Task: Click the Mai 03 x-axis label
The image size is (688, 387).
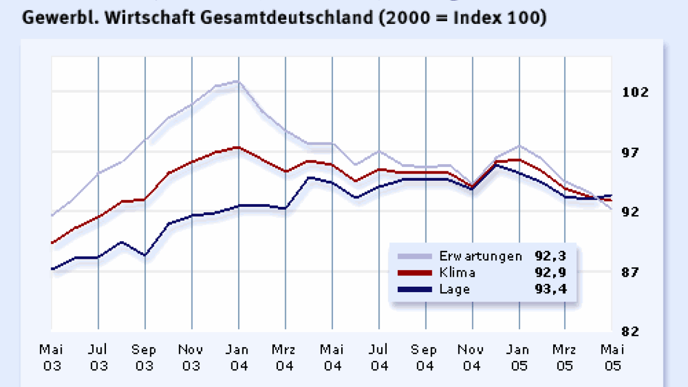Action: tap(51, 358)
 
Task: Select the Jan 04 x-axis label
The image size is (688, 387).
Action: tap(239, 358)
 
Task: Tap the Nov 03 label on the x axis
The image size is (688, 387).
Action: tap(191, 358)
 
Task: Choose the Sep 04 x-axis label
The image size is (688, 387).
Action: tap(424, 358)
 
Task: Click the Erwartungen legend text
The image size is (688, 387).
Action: tap(480, 256)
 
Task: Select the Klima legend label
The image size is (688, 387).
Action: tap(457, 273)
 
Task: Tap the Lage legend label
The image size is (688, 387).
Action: tap(454, 289)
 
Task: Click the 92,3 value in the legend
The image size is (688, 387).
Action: tap(550, 256)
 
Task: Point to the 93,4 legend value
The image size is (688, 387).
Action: tap(550, 289)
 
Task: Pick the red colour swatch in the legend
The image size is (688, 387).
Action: tap(414, 273)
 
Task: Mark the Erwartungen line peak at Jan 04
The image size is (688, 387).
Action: tap(237, 82)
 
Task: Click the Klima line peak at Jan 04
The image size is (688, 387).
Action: tap(237, 147)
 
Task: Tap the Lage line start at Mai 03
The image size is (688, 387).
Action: tap(52, 269)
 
